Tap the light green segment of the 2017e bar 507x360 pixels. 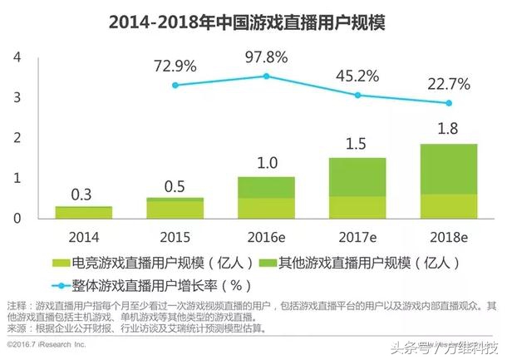pyautogui.click(x=357, y=206)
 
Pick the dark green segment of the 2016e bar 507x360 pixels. pyautogui.click(x=266, y=187)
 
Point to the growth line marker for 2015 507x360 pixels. pyautogui.click(x=174, y=85)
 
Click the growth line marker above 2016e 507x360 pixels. pyautogui.click(x=266, y=76)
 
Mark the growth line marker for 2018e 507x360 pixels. pyautogui.click(x=450, y=103)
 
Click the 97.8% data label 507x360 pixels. pyautogui.click(x=266, y=57)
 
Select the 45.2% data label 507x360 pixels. pyautogui.click(x=357, y=76)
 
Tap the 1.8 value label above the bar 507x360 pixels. pyautogui.click(x=450, y=129)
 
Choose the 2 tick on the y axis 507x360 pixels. pyautogui.click(x=16, y=138)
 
